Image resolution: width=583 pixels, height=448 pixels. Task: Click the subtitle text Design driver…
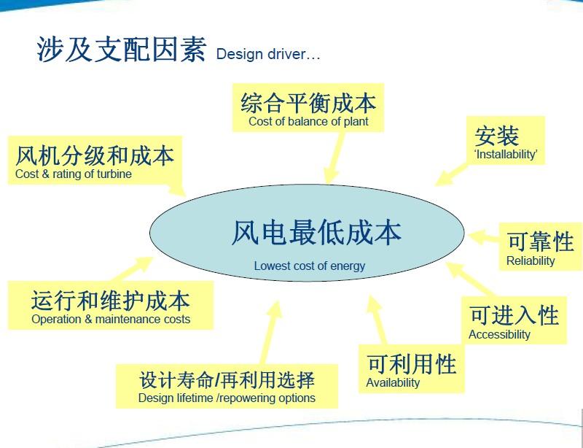pos(267,55)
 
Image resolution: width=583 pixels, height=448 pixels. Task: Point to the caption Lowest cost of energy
pos(310,266)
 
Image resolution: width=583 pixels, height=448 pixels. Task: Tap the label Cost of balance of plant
pos(308,121)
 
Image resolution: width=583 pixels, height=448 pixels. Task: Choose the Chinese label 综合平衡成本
pos(308,102)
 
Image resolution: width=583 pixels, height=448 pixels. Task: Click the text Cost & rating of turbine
pos(73,174)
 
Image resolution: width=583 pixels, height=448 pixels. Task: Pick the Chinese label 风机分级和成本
pos(95,155)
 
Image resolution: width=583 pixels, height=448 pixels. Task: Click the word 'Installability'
pos(505,154)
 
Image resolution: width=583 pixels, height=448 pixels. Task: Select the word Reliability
pos(531,260)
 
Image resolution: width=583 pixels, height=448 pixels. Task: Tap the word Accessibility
pos(499,334)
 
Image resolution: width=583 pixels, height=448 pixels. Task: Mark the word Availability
pos(393,382)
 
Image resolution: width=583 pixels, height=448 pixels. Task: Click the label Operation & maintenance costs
pos(111,319)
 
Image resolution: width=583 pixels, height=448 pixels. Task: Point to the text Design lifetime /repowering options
pos(227,398)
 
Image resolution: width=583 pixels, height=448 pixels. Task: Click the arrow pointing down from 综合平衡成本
pos(334,158)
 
